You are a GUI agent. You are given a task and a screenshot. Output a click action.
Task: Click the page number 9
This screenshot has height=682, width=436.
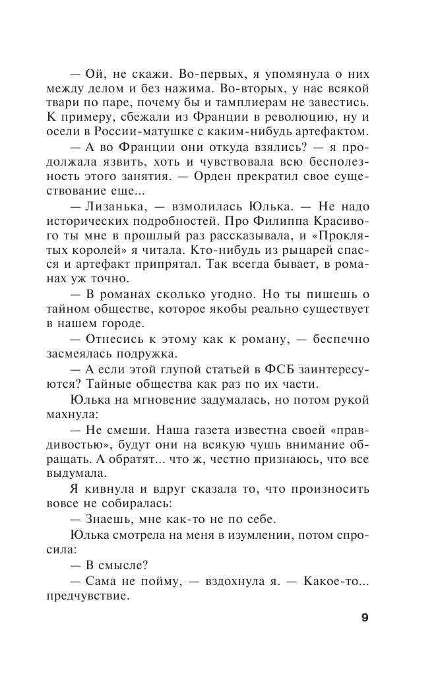click(365, 618)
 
